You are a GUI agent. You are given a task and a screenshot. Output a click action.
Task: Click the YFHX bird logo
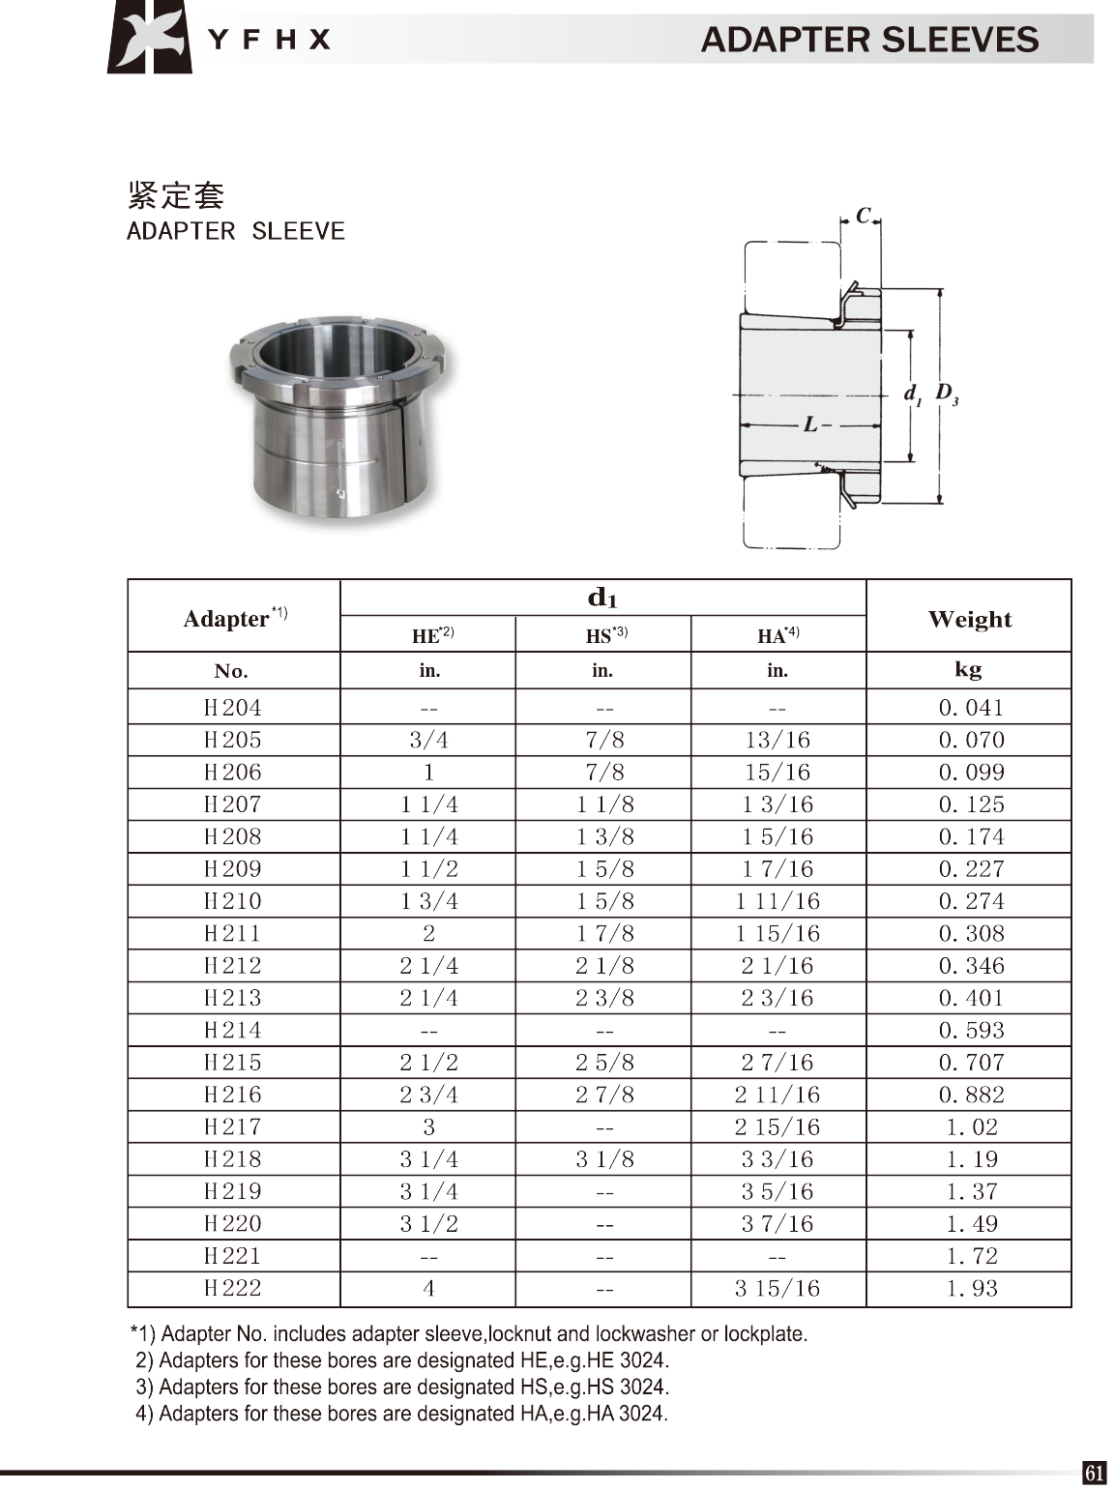tap(149, 38)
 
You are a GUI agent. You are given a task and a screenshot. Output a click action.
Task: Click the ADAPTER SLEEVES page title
tap(869, 40)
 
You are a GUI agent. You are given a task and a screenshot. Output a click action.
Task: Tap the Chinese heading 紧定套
tap(176, 195)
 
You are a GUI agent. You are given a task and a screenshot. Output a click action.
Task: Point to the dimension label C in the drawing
tap(863, 216)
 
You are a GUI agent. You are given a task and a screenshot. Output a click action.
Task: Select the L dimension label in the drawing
tap(810, 424)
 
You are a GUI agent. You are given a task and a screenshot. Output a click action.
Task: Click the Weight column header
tap(969, 619)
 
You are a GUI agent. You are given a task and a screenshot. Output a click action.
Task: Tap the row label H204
tap(233, 708)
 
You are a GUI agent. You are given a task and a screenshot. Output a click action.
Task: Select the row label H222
tap(233, 1288)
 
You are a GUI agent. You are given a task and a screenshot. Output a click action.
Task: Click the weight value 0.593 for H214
tap(971, 1031)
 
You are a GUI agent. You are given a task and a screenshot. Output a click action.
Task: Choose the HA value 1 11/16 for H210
tap(778, 901)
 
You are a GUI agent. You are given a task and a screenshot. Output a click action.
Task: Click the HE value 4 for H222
tap(428, 1288)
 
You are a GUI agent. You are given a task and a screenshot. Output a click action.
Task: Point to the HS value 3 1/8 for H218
tap(604, 1159)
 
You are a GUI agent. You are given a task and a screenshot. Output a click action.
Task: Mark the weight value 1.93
tap(971, 1288)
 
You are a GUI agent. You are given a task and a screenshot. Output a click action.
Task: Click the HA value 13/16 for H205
tap(778, 740)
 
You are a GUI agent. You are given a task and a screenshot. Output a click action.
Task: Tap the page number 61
tap(1094, 1473)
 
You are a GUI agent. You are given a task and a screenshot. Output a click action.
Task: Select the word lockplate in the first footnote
tap(764, 1334)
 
